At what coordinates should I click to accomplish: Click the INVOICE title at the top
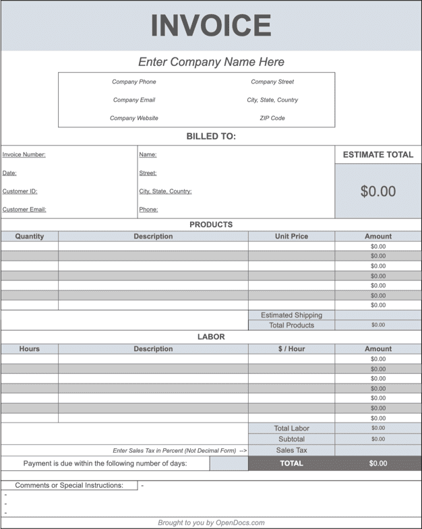click(x=210, y=26)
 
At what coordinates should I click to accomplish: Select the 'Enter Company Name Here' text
click(x=211, y=62)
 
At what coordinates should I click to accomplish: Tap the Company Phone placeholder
click(x=133, y=82)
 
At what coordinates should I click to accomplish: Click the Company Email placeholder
click(x=133, y=100)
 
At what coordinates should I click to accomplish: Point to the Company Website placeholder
click(x=133, y=119)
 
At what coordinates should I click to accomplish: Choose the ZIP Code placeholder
click(x=272, y=119)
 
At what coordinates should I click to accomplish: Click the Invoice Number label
click(x=24, y=155)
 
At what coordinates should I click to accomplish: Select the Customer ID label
click(x=20, y=191)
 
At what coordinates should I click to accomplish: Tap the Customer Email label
click(x=24, y=210)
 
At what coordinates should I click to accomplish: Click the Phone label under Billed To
click(x=148, y=210)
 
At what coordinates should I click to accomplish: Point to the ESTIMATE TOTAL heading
click(x=378, y=155)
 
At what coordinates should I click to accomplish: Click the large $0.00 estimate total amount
click(x=378, y=191)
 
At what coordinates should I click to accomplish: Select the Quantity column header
click(x=29, y=237)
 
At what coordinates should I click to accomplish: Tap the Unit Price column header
click(x=291, y=237)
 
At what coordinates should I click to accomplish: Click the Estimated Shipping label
click(x=291, y=315)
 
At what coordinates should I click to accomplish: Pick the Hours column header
click(x=29, y=349)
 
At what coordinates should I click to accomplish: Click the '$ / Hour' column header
click(x=291, y=349)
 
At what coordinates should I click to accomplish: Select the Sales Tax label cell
click(x=291, y=450)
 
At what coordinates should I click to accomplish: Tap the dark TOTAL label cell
click(x=291, y=464)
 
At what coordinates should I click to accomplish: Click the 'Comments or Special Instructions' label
click(x=69, y=485)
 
